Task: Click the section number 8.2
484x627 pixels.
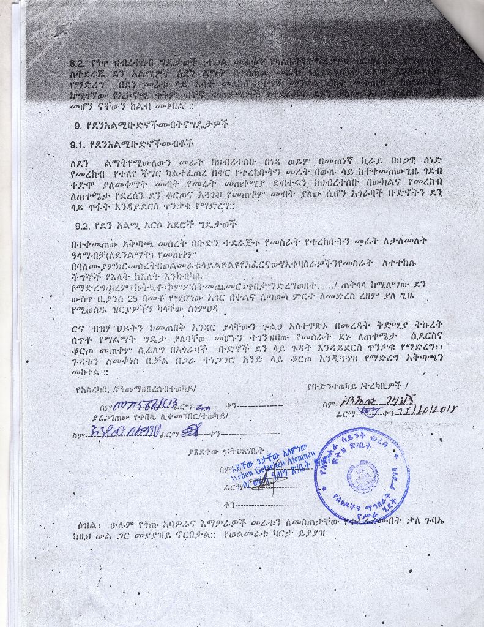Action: point(80,62)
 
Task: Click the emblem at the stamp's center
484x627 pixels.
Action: point(363,472)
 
